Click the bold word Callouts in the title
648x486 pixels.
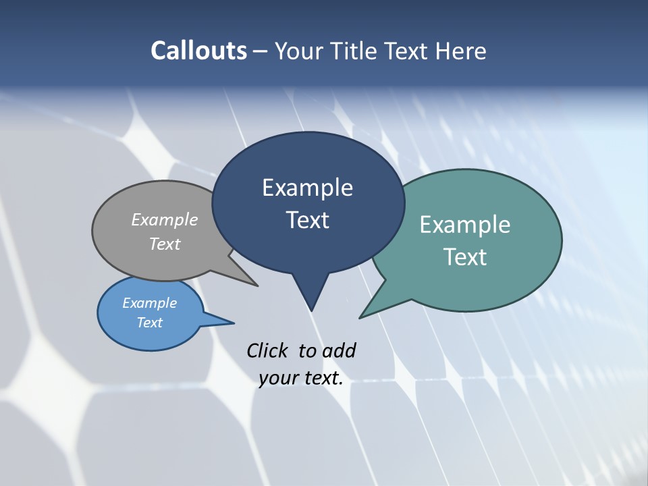198,51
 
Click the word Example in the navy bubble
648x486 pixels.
307,188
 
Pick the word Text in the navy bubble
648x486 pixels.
307,220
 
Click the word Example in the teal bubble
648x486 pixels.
465,225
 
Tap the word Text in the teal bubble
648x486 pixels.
465,257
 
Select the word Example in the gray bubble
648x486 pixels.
165,219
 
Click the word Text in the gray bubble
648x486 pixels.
165,244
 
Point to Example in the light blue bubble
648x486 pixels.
150,303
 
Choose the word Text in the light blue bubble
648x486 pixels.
150,323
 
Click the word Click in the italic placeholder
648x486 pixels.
268,350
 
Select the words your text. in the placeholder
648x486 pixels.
301,378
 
